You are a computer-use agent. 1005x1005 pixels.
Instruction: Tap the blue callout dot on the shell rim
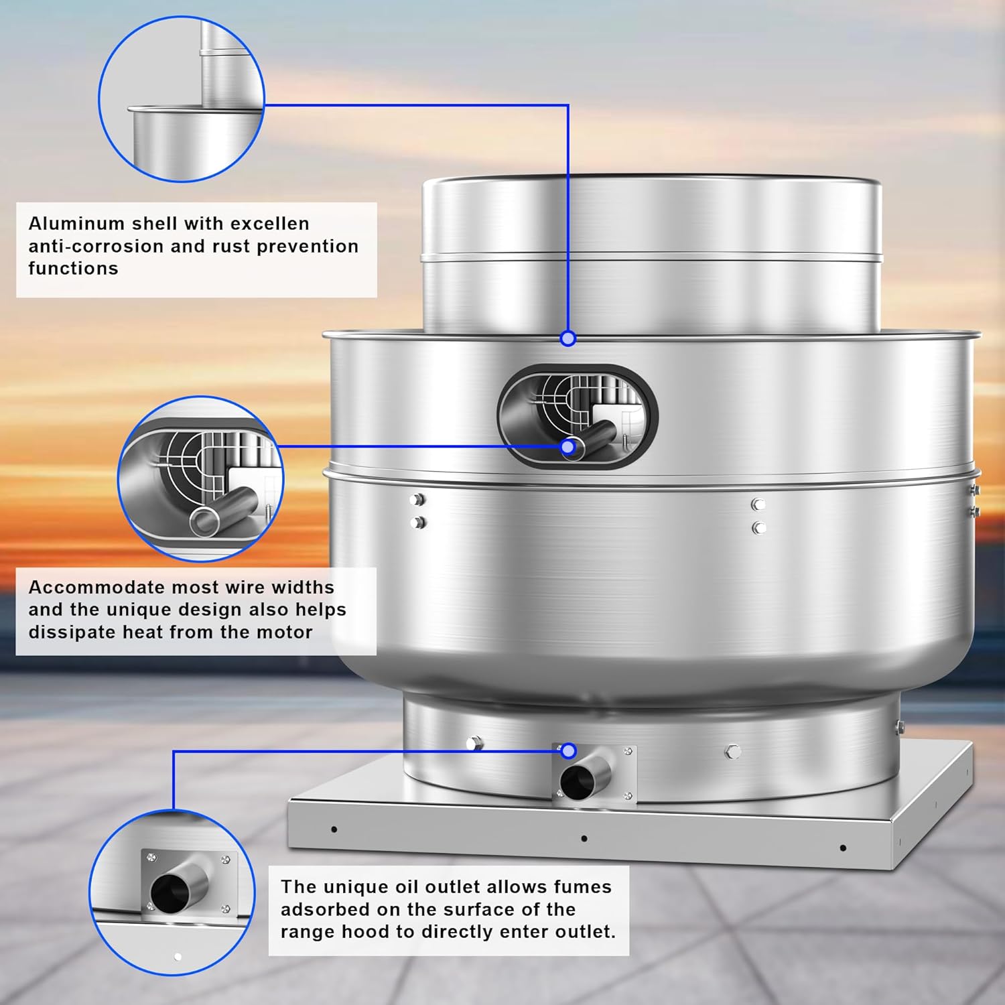pyautogui.click(x=568, y=338)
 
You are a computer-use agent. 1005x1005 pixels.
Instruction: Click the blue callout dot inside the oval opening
pyautogui.click(x=568, y=447)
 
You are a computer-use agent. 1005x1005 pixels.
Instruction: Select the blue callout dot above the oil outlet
pyautogui.click(x=568, y=751)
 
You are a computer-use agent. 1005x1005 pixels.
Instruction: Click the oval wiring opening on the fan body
pyautogui.click(x=578, y=417)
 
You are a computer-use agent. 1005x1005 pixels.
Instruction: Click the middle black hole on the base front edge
pyautogui.click(x=584, y=838)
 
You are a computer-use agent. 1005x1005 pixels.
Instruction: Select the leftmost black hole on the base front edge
pyautogui.click(x=334, y=829)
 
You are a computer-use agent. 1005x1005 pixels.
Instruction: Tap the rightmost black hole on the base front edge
pyautogui.click(x=842, y=848)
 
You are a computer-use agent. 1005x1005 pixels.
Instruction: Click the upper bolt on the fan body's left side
pyautogui.click(x=419, y=499)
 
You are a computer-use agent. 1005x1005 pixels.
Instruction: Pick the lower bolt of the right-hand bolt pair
pyautogui.click(x=758, y=528)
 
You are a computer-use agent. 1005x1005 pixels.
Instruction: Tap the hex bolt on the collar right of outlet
pyautogui.click(x=733, y=751)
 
